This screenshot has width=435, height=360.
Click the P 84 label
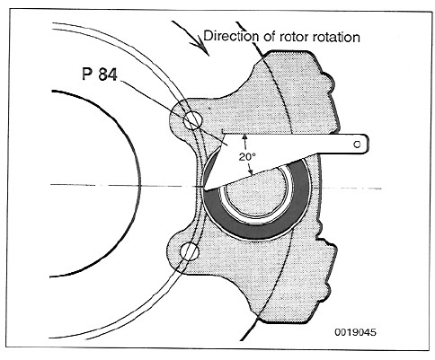[x=100, y=74]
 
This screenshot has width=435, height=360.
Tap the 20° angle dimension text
[x=247, y=156]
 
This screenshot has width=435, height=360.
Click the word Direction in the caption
[x=230, y=36]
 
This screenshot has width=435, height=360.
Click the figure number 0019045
[x=355, y=332]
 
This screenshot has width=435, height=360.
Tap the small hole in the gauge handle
[x=357, y=145]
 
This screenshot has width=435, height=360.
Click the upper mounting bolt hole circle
[x=193, y=120]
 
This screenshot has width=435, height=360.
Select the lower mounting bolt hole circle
[x=190, y=251]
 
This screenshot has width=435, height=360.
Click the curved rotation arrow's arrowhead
[x=202, y=48]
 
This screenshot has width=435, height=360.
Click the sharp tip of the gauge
[x=205, y=189]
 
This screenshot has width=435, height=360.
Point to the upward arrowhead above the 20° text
[x=245, y=137]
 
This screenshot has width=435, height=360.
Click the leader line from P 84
[x=174, y=113]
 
